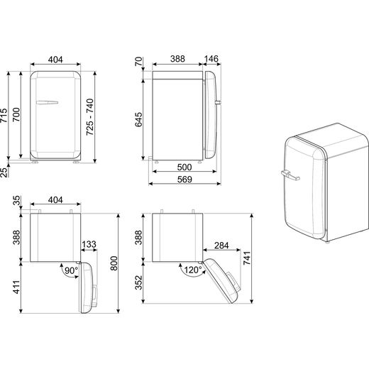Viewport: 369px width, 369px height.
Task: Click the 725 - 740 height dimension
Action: click(90, 117)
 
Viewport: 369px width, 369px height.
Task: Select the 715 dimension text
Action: click(4, 116)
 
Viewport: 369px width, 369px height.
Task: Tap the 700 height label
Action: click(16, 114)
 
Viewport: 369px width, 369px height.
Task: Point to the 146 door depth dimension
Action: click(211, 59)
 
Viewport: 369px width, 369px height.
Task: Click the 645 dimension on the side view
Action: click(138, 120)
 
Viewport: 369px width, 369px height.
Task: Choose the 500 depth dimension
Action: click(184, 167)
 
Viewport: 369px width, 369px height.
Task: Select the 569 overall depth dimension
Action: click(184, 180)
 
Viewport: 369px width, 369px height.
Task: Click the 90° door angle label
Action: click(71, 270)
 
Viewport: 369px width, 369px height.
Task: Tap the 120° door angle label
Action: click(193, 270)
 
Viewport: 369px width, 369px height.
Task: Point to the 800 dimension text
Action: click(114, 263)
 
